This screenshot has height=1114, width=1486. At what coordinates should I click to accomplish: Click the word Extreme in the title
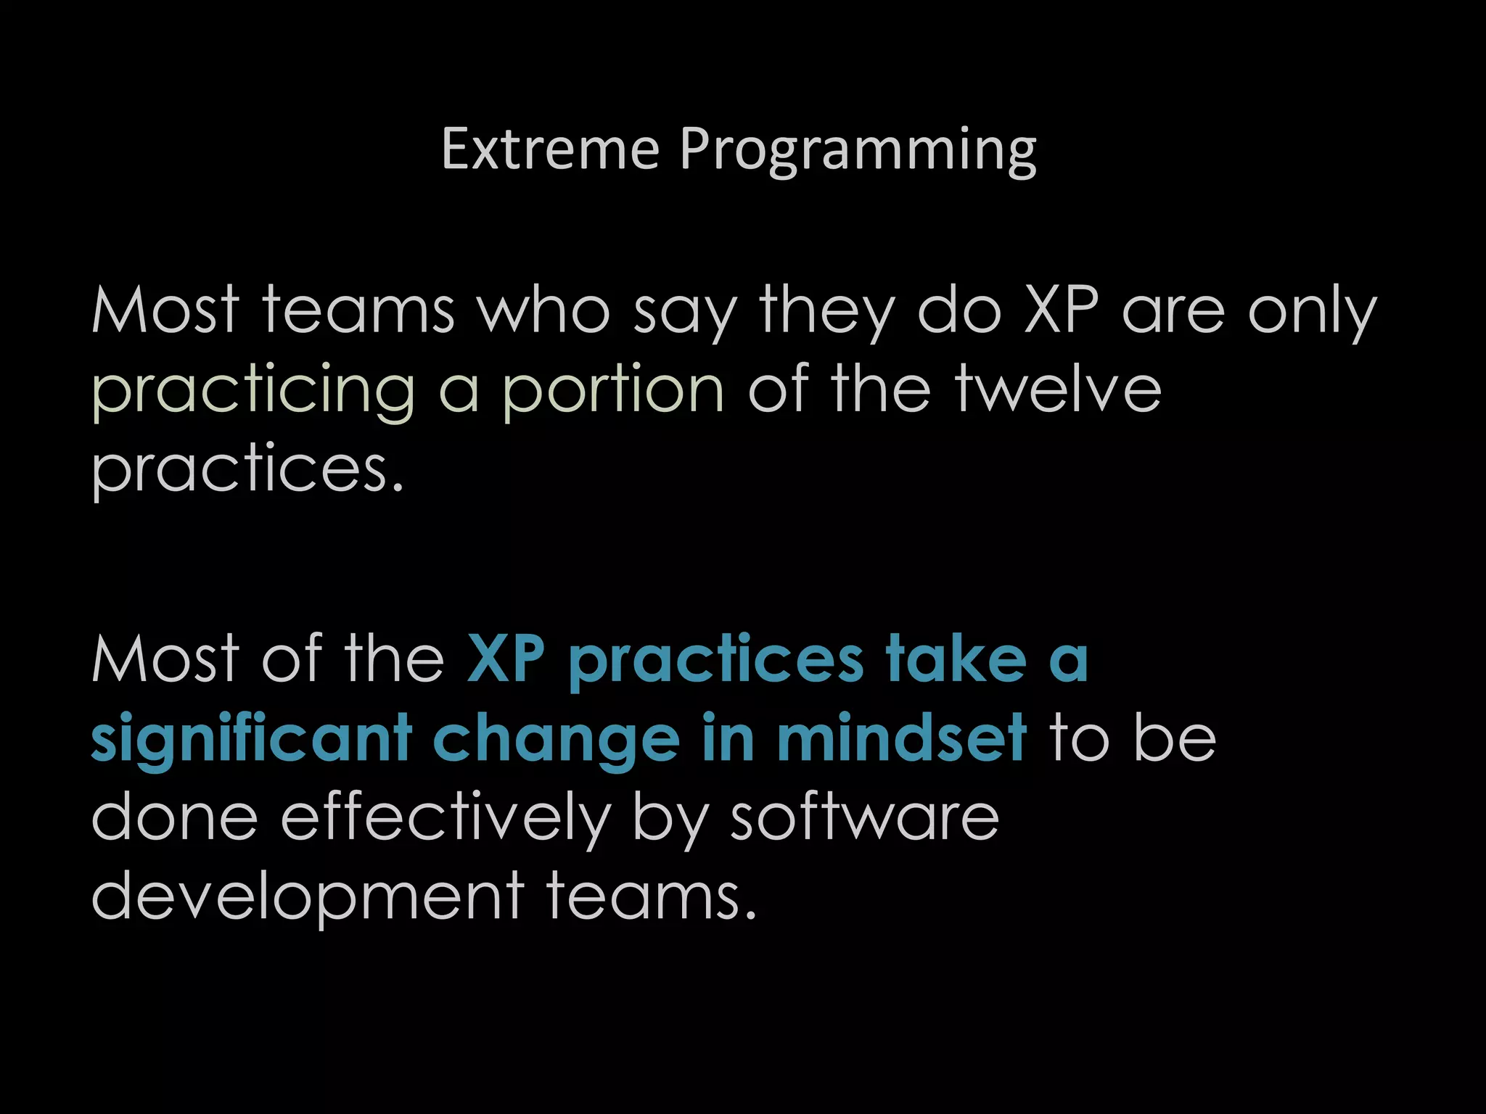click(550, 149)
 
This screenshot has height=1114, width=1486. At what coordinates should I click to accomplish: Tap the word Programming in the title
click(858, 151)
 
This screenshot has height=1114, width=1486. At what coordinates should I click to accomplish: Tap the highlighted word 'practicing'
click(253, 392)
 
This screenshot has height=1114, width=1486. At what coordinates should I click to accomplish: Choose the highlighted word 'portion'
click(613, 392)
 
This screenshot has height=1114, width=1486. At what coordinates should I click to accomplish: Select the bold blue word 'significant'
click(251, 740)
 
